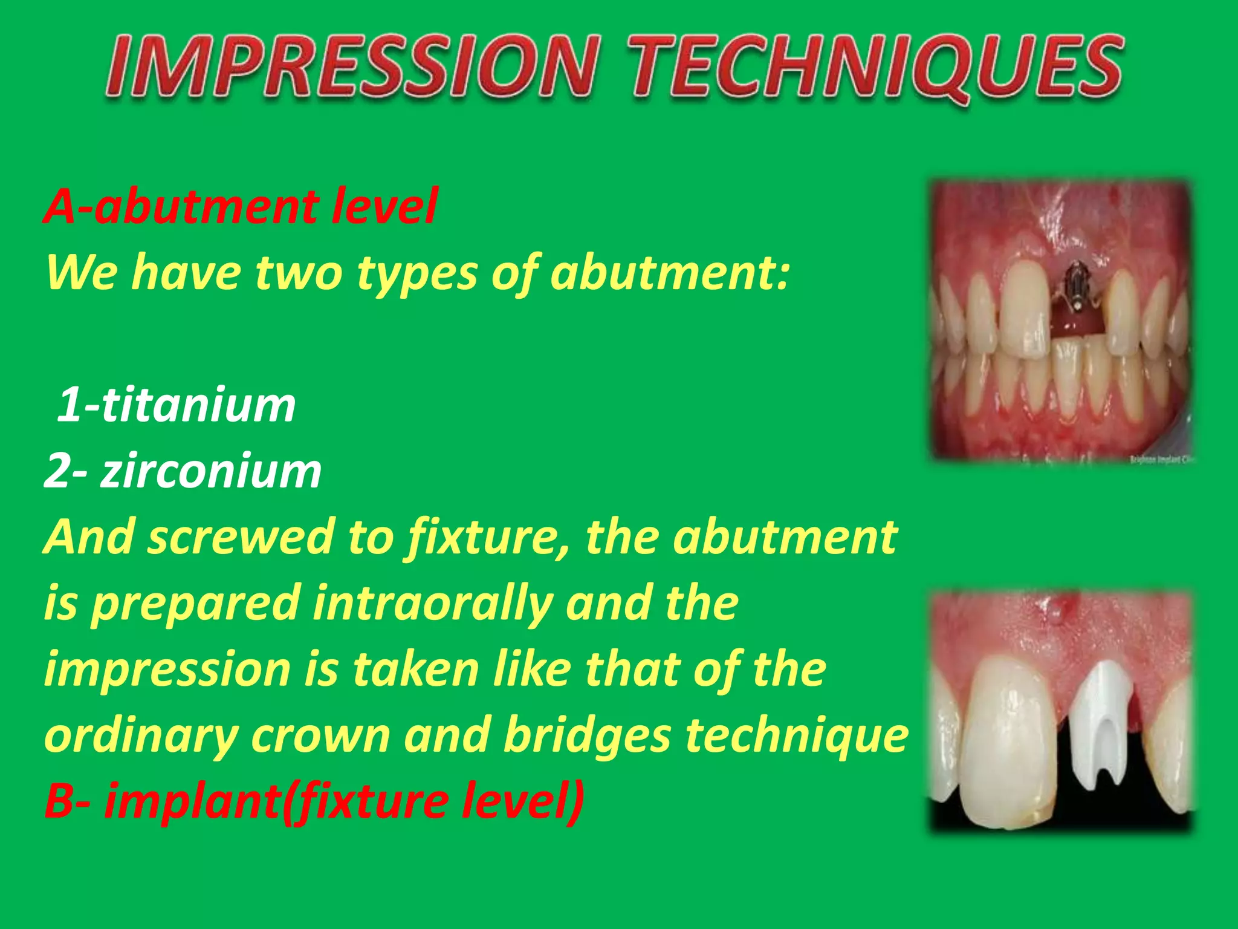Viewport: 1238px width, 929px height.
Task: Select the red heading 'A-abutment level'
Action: (241, 207)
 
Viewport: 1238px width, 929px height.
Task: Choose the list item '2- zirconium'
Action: (183, 471)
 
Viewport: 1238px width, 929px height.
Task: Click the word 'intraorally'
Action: (432, 603)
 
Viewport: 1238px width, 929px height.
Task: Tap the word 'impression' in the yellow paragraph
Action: (167, 670)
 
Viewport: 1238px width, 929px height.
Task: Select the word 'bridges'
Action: (586, 735)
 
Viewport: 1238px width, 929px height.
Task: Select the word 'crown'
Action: (320, 737)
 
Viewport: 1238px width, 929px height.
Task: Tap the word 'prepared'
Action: (196, 604)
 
